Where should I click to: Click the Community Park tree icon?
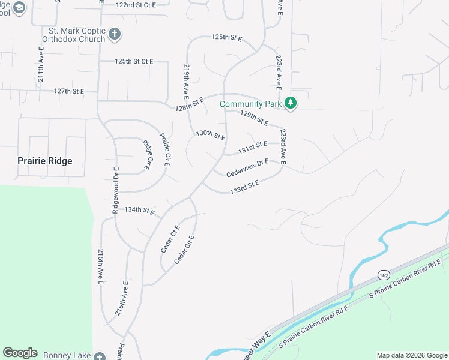pos(291,104)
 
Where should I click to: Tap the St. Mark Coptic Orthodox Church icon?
pos(115,35)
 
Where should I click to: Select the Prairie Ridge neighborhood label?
pos(45,161)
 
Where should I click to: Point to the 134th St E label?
pos(139,211)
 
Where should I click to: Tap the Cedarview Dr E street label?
pos(247,167)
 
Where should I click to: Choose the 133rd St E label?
pos(244,187)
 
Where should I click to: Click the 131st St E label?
pos(252,146)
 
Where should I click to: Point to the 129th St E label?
pos(254,118)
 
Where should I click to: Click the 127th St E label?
pos(68,91)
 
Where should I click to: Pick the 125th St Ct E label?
pos(134,61)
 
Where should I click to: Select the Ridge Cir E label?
pos(146,155)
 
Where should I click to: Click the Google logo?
pos(20,353)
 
